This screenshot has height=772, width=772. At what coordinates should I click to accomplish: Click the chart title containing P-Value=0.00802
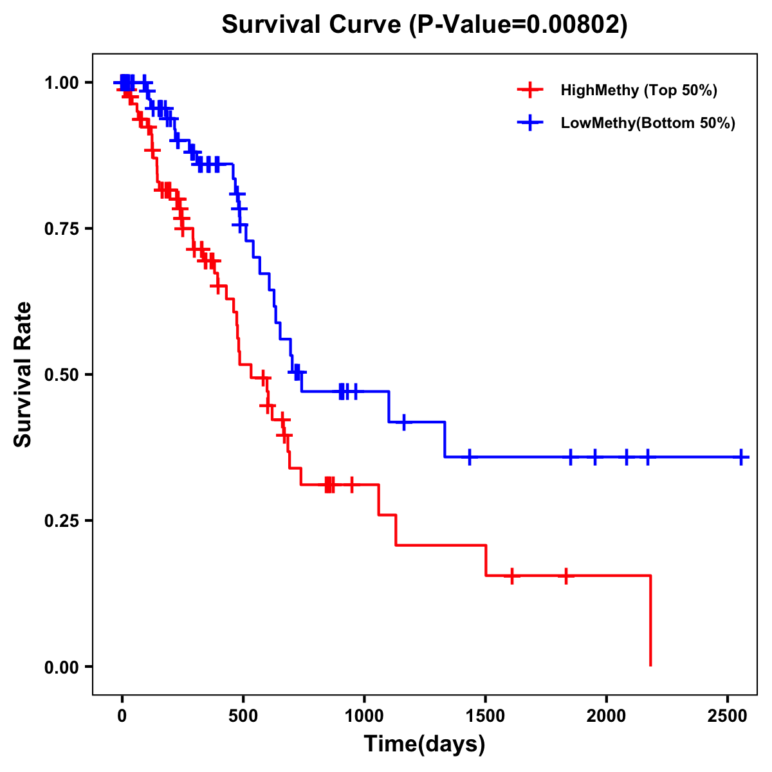coord(424,25)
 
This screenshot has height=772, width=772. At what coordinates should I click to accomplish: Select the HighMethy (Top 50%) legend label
coord(639,90)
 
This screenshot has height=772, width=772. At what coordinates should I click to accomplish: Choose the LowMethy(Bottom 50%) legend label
coord(648,124)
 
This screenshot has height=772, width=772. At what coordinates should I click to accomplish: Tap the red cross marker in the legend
coord(529,90)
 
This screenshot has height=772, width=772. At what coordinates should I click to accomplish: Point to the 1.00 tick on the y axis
coord(61,82)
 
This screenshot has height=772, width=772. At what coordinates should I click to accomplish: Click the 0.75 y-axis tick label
coord(61,228)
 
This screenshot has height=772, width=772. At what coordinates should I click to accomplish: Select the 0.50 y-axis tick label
coord(61,374)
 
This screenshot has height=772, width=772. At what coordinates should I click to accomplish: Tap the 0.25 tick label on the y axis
coord(61,520)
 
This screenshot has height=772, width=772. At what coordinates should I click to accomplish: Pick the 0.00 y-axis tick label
coord(61,666)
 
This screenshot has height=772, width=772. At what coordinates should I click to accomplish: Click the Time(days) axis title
coord(425,744)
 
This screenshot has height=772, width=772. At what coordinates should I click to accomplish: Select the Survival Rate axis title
coord(23,374)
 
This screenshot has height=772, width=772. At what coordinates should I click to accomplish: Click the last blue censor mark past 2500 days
coord(741,457)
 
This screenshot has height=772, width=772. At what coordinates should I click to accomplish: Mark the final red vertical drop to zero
coord(650,621)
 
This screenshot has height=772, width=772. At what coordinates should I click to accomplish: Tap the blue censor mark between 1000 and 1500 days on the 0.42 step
coord(404,422)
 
